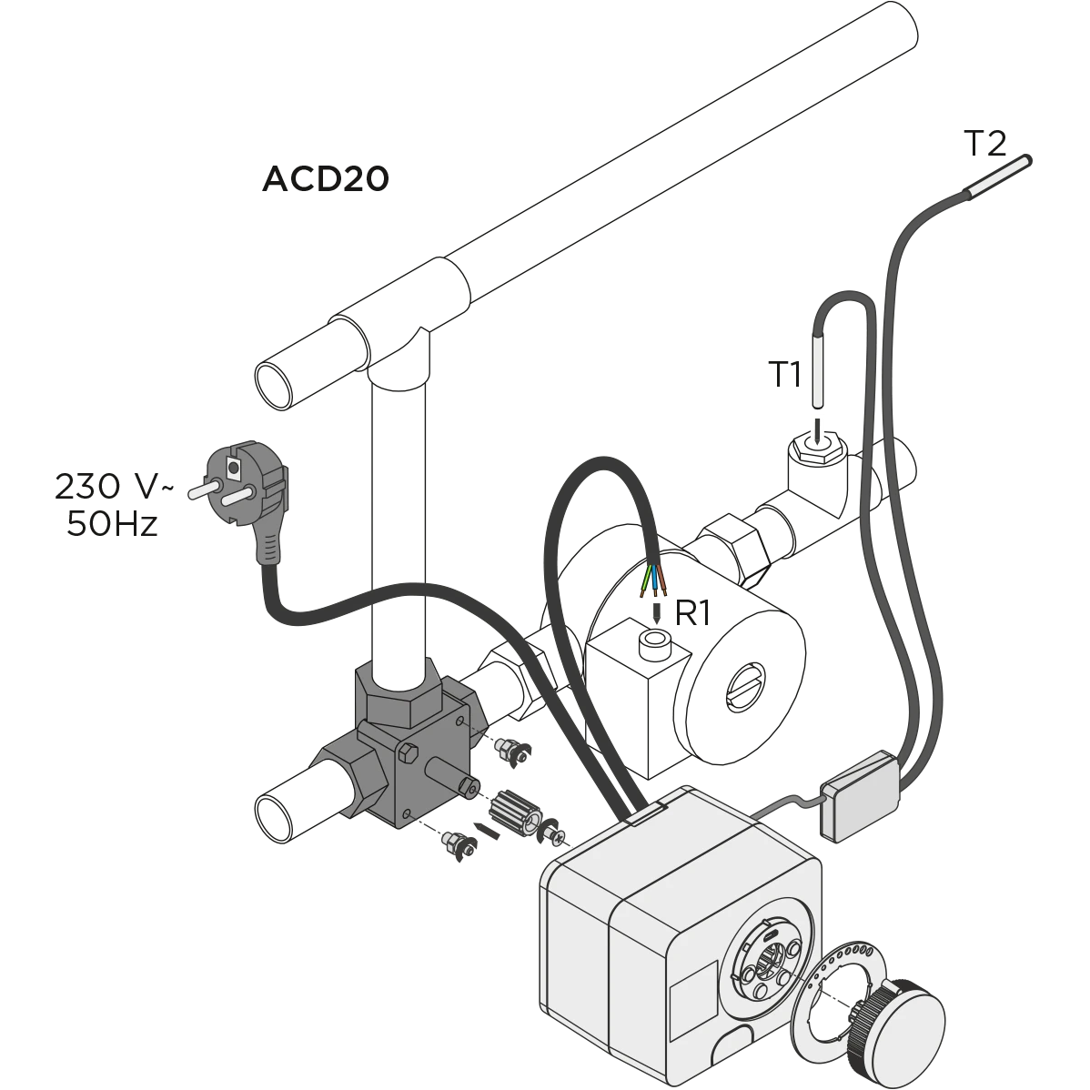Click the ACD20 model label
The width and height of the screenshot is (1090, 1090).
pyautogui.click(x=326, y=178)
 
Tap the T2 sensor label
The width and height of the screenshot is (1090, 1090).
pyautogui.click(x=985, y=143)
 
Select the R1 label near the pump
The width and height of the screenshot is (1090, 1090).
pyautogui.click(x=692, y=613)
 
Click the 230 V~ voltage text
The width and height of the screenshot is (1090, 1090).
pyautogui.click(x=114, y=487)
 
